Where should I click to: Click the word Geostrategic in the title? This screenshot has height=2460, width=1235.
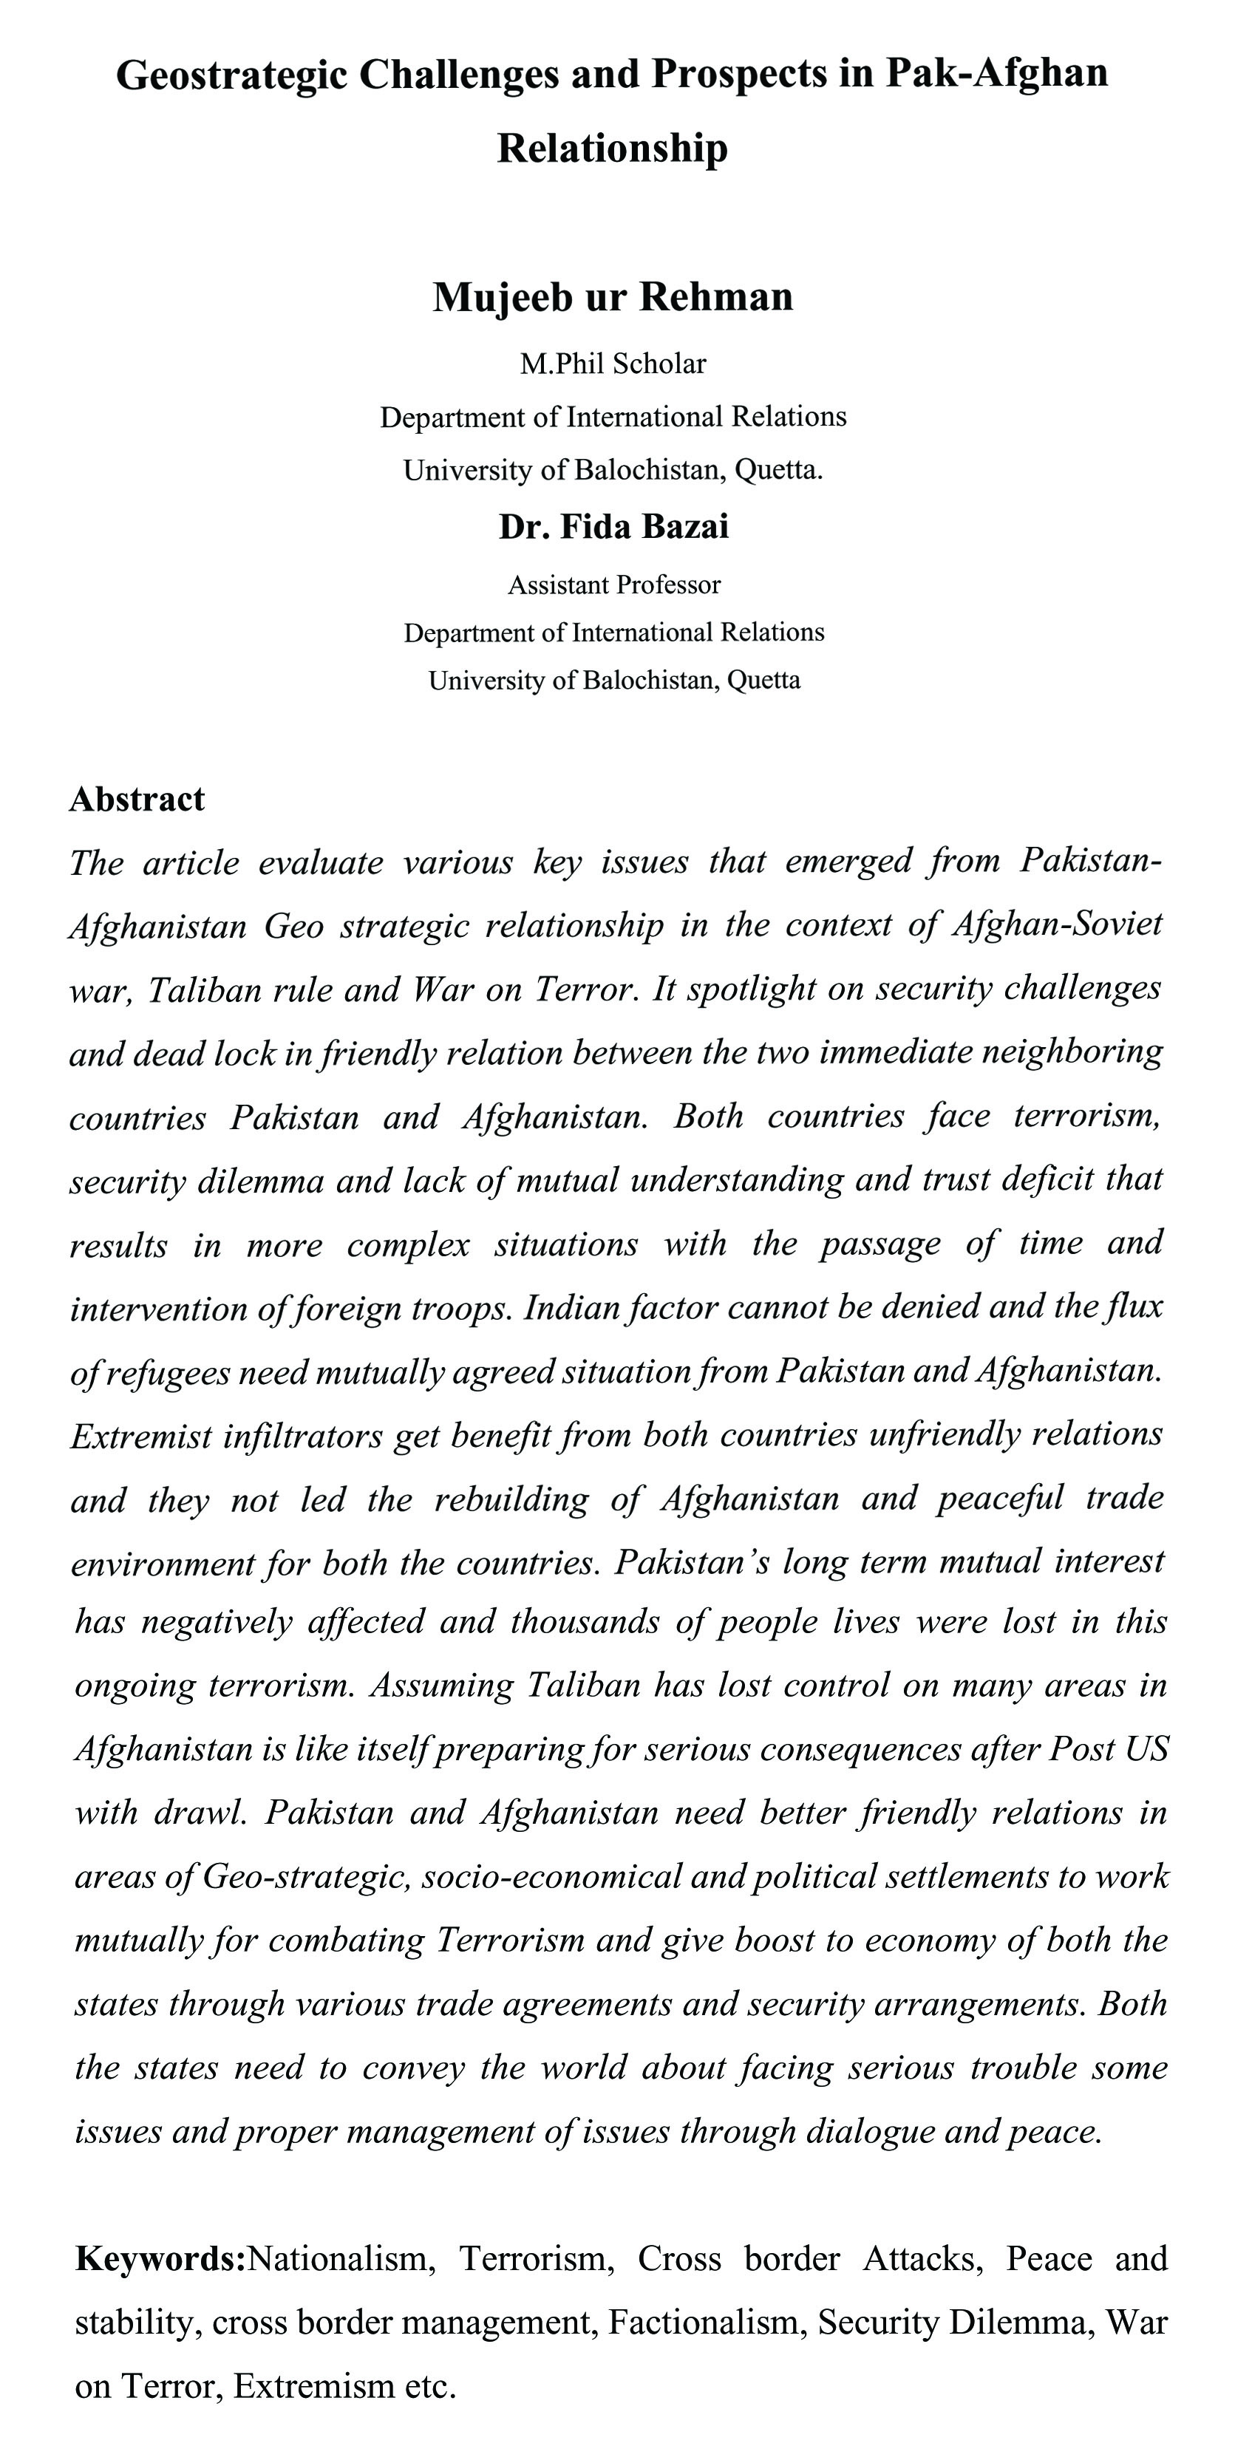coord(231,75)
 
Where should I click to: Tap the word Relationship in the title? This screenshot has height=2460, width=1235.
coord(612,148)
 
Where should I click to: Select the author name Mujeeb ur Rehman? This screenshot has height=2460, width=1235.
coord(612,297)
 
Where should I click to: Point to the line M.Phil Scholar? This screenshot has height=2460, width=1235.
coord(612,364)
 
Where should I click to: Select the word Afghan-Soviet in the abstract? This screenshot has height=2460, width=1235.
coord(1058,924)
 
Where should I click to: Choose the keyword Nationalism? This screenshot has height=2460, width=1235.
coord(342,2258)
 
